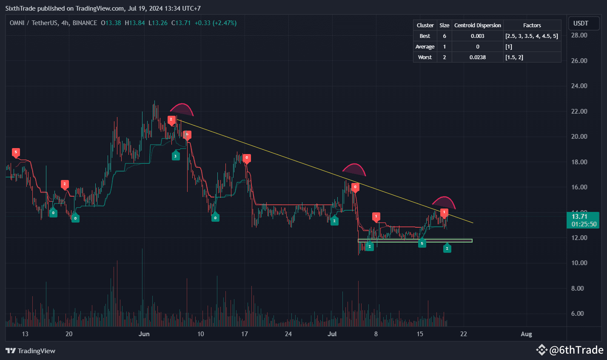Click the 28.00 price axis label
click(579, 35)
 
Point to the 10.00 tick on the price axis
click(579, 263)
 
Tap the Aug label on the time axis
click(526, 334)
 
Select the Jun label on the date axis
click(144, 334)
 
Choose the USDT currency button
click(581, 23)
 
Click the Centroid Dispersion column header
click(477, 26)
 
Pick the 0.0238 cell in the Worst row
click(477, 57)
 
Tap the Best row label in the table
click(425, 36)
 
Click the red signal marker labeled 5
click(16, 152)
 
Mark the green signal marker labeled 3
click(176, 157)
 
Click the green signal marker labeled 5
click(422, 243)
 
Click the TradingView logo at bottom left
click(31, 351)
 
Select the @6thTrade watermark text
click(576, 350)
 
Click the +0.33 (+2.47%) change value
click(215, 23)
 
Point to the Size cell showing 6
click(444, 36)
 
